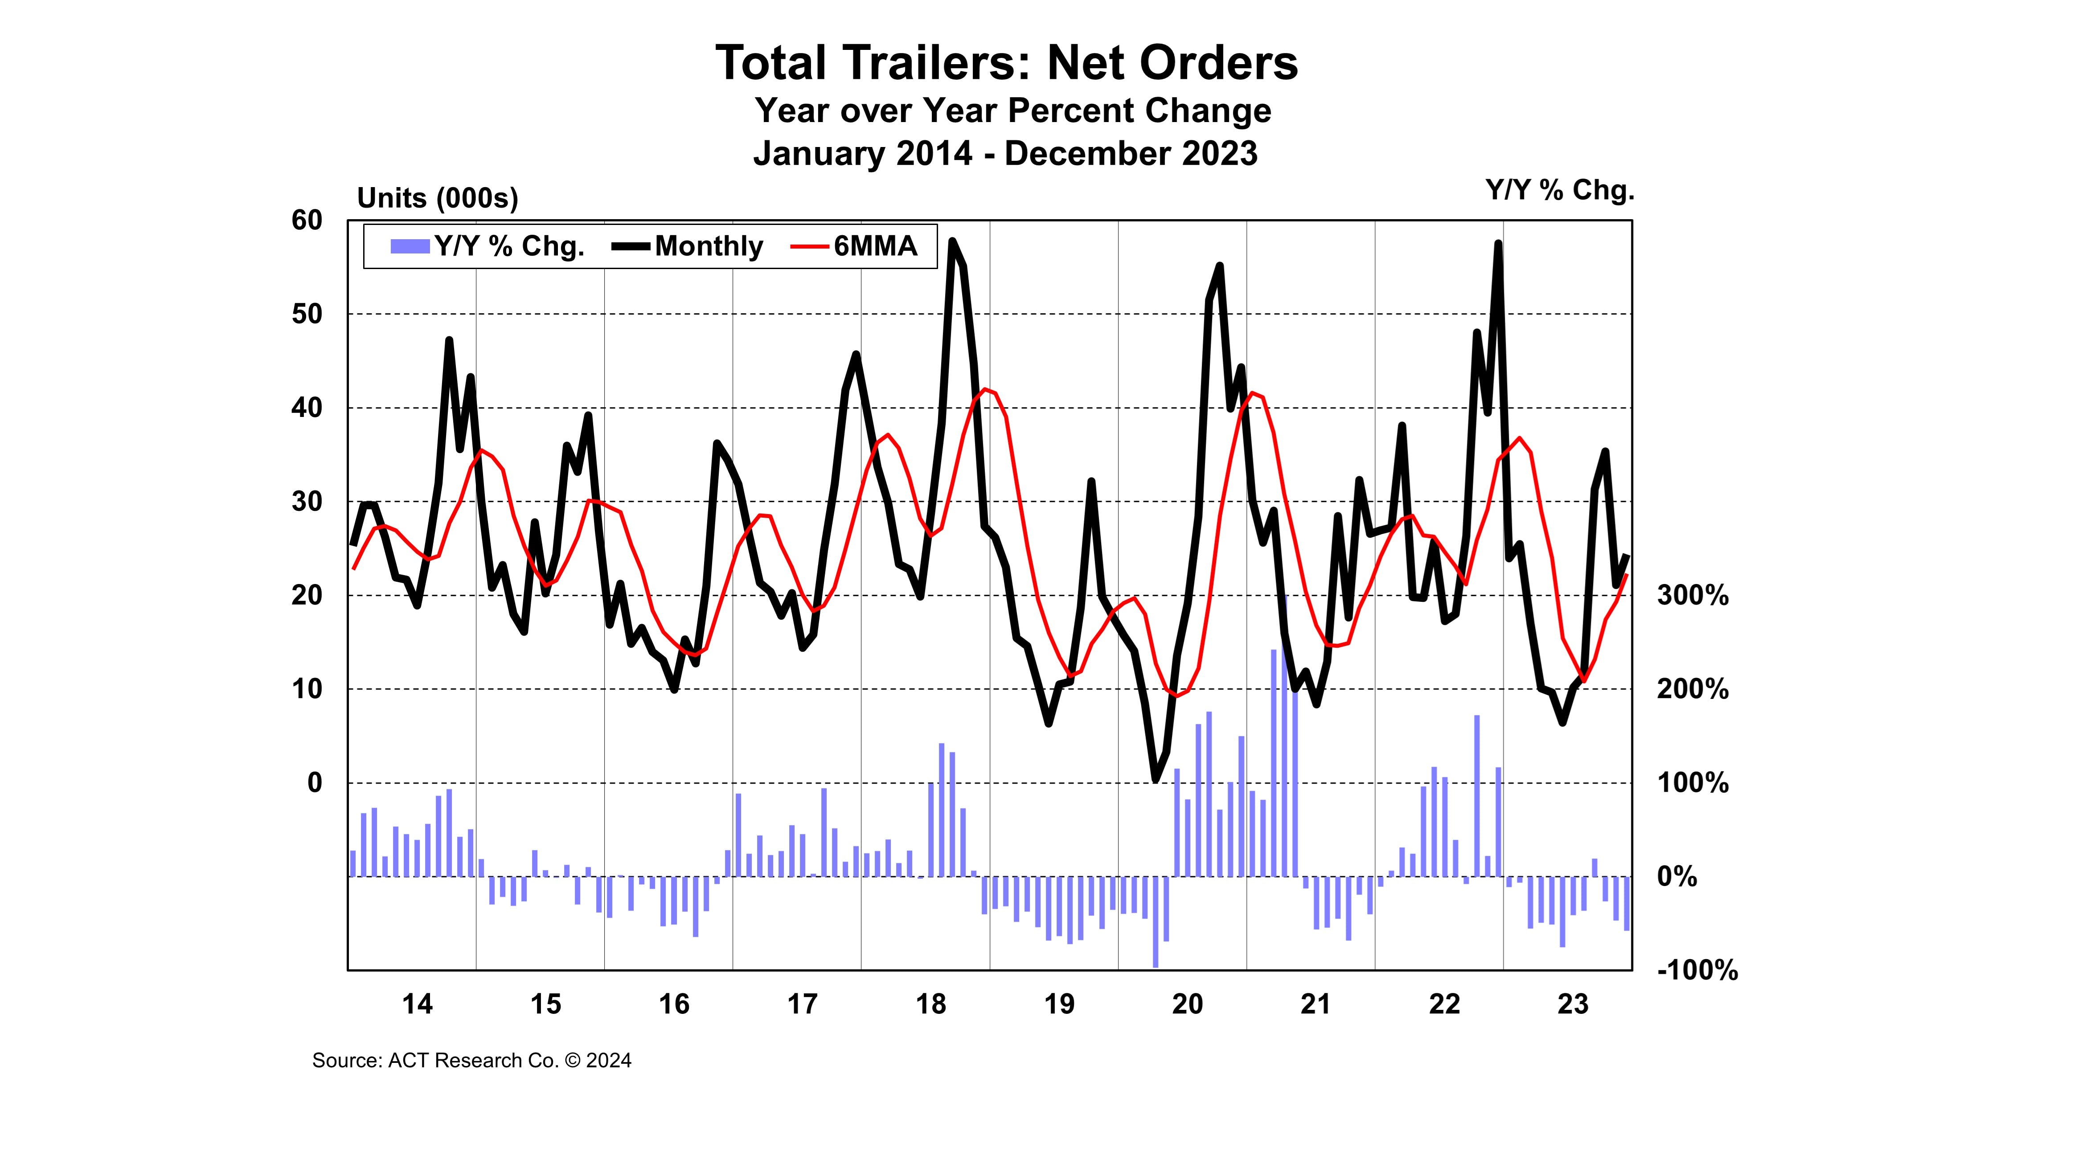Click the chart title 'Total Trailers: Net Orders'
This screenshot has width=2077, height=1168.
tap(1006, 63)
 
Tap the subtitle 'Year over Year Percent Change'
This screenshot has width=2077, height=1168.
tap(1013, 110)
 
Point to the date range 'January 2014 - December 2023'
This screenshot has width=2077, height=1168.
tap(1005, 153)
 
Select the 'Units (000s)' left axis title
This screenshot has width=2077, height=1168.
tap(437, 198)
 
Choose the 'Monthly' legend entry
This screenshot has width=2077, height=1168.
tap(688, 246)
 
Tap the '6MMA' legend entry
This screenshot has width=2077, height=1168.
tap(855, 246)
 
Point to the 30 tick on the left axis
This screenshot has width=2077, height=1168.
tap(307, 502)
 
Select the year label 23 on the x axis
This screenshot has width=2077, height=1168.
tap(1572, 1005)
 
